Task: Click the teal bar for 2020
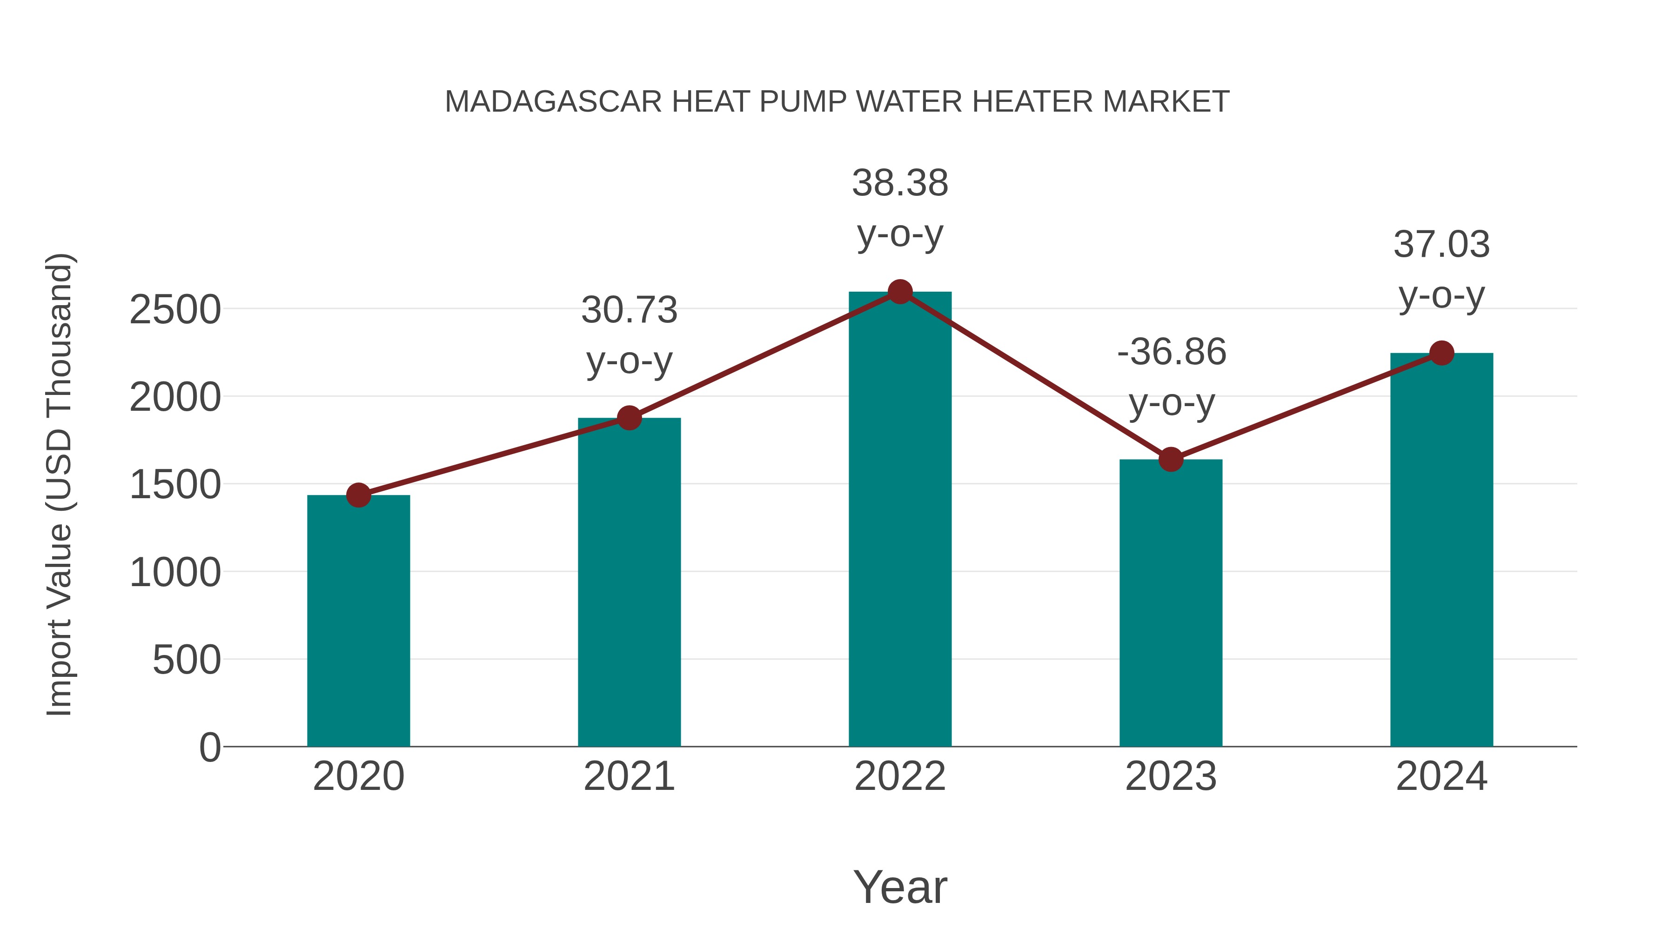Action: point(358,621)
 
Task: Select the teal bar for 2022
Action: point(900,520)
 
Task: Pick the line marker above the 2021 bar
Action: point(629,418)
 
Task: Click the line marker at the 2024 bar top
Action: point(1441,353)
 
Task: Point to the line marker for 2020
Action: point(358,495)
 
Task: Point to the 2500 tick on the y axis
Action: point(175,310)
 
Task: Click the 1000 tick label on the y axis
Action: point(175,574)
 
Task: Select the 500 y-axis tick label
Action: point(187,661)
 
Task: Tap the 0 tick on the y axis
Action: point(210,748)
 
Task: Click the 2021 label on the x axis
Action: point(629,776)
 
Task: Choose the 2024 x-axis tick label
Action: point(1441,776)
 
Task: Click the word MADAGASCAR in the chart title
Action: point(553,102)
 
